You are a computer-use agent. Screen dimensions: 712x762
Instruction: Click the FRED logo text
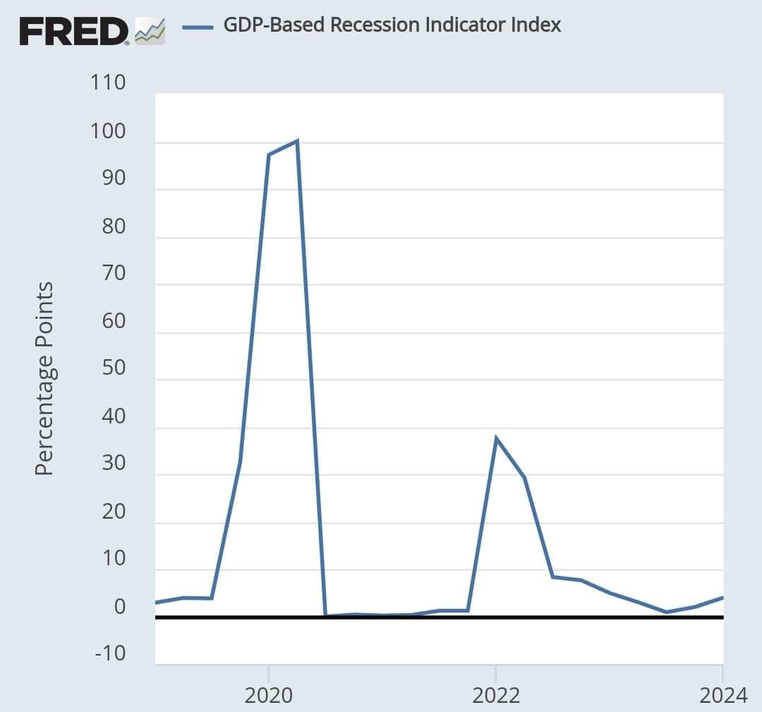[x=73, y=30]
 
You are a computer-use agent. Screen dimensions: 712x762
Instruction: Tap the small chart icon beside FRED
[x=150, y=31]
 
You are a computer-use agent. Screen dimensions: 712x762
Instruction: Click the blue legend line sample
[x=198, y=27]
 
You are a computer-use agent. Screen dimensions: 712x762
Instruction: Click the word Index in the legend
[x=537, y=25]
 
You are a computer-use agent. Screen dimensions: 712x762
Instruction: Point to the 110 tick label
[x=108, y=83]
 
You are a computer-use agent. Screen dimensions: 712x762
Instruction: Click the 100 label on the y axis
[x=108, y=131]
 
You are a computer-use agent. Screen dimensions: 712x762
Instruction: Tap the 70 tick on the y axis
[x=110, y=274]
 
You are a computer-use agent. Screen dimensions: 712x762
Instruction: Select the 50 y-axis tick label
[x=110, y=368]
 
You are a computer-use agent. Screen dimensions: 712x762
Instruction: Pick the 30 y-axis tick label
[x=110, y=464]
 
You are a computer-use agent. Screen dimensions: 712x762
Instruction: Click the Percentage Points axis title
[x=44, y=378]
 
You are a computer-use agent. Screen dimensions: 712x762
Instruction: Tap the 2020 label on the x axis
[x=268, y=695]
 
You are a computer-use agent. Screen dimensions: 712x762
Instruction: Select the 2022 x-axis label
[x=495, y=695]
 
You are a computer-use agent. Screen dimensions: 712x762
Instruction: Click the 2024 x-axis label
[x=722, y=695]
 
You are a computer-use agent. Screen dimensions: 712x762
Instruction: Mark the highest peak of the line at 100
[x=297, y=141]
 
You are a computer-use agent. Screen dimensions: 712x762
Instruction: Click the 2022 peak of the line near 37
[x=496, y=438]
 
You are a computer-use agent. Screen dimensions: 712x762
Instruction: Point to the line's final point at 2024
[x=722, y=598]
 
